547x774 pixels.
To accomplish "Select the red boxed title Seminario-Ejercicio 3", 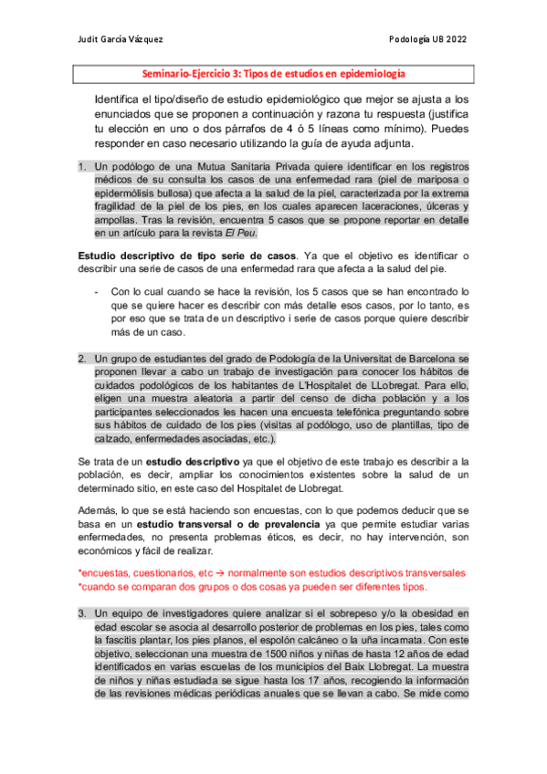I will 275,74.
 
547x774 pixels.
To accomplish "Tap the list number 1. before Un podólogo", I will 81,167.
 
